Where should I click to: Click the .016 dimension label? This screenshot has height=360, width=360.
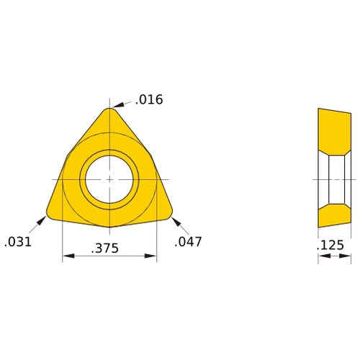[x=148, y=99]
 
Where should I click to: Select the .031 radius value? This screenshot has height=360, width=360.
[x=19, y=242]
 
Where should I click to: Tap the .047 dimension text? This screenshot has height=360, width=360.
[x=189, y=242]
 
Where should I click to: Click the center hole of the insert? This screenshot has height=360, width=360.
[x=109, y=178]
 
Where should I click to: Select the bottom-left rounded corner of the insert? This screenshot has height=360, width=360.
[x=50, y=213]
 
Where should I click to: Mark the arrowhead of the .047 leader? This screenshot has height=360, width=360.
[x=175, y=218]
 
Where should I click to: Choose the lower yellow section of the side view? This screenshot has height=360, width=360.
[x=334, y=215]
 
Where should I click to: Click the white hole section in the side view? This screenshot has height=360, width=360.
[x=336, y=179]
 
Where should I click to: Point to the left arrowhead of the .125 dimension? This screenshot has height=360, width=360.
[x=321, y=256]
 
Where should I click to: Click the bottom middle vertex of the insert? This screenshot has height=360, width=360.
[x=109, y=227]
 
